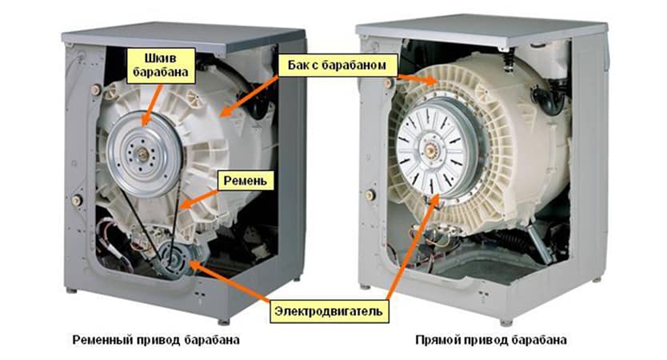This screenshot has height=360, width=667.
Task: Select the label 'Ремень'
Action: click(242, 180)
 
